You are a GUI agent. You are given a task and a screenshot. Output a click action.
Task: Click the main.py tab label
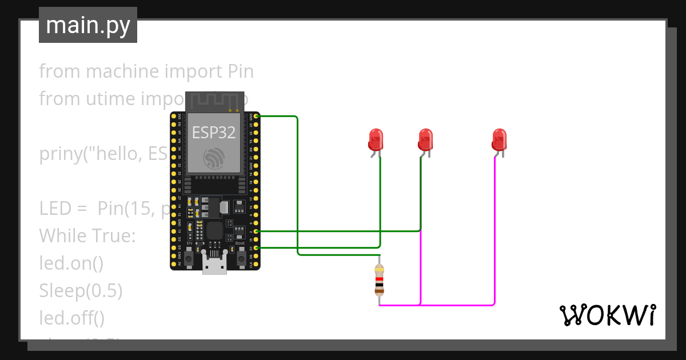87,26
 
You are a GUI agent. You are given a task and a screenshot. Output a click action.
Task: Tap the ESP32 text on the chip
213,133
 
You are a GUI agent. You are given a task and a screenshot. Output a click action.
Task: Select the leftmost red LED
375,140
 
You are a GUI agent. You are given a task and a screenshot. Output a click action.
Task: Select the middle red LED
425,140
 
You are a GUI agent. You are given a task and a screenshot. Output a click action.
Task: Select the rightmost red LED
498,140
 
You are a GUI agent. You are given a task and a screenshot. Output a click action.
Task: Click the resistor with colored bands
379,281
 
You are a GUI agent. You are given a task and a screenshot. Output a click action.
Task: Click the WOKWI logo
607,315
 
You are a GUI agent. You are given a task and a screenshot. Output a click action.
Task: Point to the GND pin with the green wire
257,117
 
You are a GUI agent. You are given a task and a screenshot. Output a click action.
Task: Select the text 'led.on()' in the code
71,263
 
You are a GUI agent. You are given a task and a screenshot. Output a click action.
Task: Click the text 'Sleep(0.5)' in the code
81,291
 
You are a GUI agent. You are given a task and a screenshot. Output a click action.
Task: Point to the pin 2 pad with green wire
257,231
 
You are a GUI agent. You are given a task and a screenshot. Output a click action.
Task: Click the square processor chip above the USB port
215,231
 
